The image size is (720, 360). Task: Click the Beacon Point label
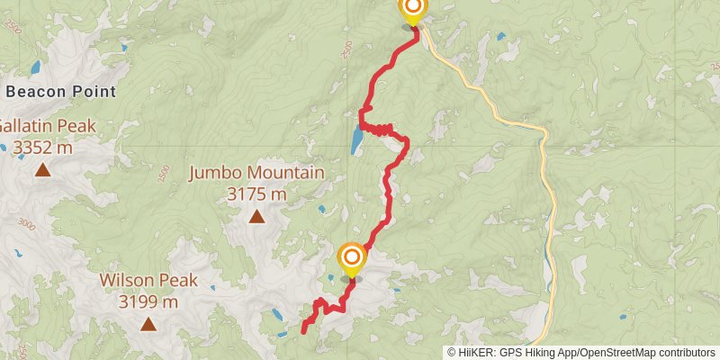[60, 91]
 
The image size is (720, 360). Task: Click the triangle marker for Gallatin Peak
[42, 169]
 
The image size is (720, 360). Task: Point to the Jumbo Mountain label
[256, 173]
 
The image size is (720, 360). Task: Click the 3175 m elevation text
[256, 193]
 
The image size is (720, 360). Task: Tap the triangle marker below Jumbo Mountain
[257, 216]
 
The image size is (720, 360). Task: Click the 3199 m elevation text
[148, 301]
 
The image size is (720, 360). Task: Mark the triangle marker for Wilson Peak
[147, 323]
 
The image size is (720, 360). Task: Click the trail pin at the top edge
[412, 9]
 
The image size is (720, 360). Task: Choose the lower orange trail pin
[351, 260]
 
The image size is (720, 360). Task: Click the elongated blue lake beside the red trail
[357, 139]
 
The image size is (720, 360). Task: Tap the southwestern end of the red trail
[303, 330]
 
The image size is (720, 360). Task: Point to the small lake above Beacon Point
[35, 67]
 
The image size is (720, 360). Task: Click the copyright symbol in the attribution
[452, 353]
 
